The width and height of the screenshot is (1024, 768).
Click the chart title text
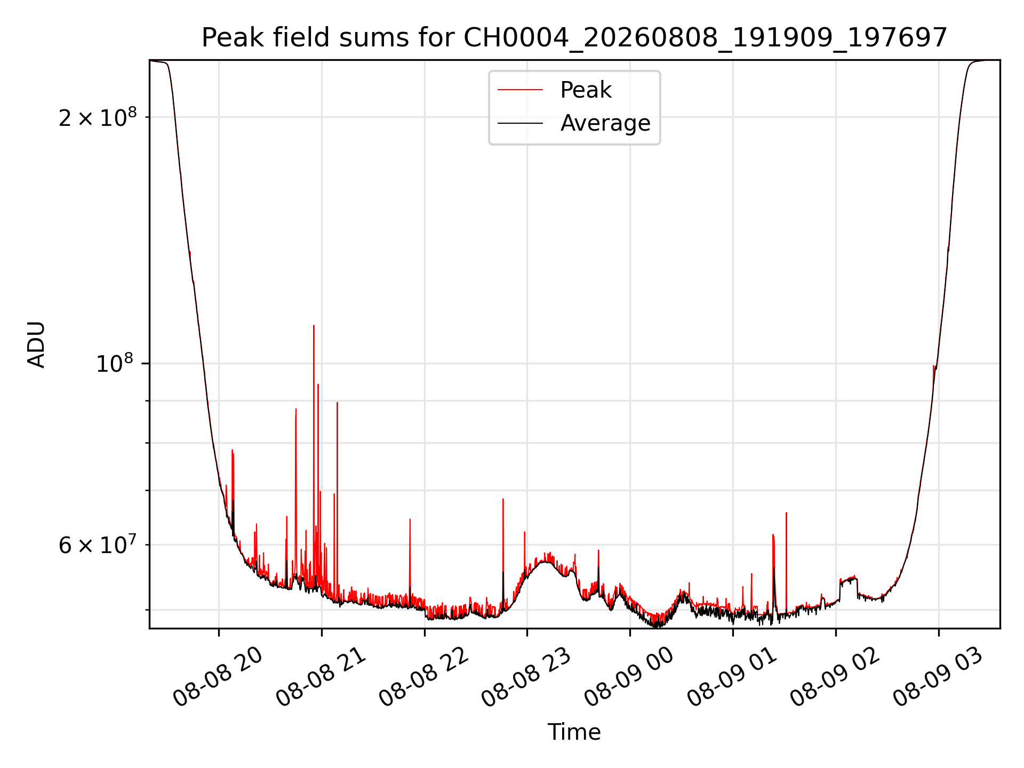(x=574, y=38)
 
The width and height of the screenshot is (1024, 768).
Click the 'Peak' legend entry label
(x=586, y=90)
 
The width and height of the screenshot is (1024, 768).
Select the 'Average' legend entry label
(x=605, y=123)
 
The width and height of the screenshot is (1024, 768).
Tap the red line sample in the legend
(x=520, y=90)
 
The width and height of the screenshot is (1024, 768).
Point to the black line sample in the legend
(x=520, y=123)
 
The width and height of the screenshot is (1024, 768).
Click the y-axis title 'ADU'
(x=36, y=345)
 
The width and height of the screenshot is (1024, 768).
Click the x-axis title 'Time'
(x=574, y=732)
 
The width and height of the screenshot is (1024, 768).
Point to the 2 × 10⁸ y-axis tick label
(x=98, y=117)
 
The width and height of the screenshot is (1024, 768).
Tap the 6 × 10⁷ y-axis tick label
(x=98, y=545)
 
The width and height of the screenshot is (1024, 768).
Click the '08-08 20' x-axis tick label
(x=218, y=677)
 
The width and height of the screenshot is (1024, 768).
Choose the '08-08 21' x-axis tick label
(x=321, y=677)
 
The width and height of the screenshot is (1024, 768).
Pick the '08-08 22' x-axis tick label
(x=423, y=677)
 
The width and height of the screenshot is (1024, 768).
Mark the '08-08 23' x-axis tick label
(x=526, y=677)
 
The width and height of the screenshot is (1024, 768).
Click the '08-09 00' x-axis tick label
(x=629, y=677)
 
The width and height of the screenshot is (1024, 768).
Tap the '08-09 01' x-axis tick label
(x=732, y=677)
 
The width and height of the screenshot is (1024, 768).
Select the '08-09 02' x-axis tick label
(x=835, y=677)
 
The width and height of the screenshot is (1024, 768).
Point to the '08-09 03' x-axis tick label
(x=938, y=677)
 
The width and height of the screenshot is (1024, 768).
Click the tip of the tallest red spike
(x=314, y=325)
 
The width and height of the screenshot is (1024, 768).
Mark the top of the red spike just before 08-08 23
(x=503, y=499)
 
